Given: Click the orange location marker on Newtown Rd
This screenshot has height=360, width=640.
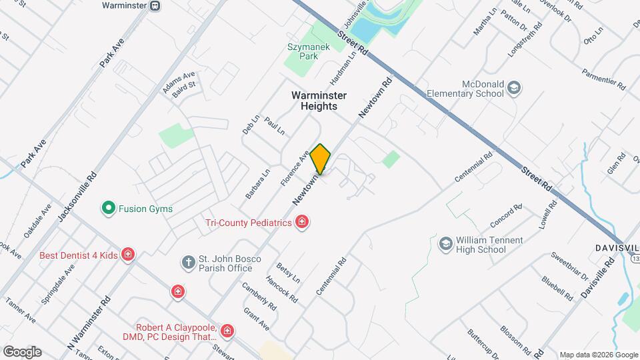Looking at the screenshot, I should pos(321,159).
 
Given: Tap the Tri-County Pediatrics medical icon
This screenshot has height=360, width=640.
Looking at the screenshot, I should pos(302,222).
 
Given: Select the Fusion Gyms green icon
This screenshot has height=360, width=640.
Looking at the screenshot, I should pos(107,209).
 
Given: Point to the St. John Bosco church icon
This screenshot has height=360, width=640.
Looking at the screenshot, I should pos(189,263).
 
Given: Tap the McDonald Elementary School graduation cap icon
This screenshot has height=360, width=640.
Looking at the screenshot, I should pos(514,88).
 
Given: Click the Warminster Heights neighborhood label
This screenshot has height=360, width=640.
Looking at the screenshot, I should pos(319,101).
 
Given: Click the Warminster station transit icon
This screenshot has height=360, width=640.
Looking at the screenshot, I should pos(155,6).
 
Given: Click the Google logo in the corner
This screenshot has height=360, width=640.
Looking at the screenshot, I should pos(22,352).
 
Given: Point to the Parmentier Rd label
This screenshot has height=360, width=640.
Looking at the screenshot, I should pos(603,78).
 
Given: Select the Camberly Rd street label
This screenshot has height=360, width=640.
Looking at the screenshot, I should pos(259,296).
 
